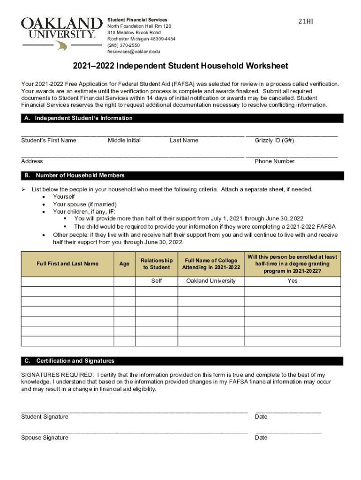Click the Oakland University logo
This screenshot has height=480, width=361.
61,33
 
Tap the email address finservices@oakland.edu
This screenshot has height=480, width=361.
134,52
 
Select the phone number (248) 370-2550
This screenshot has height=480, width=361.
123,45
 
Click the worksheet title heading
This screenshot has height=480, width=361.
180,66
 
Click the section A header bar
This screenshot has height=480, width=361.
182,119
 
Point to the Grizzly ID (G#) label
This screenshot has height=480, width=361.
274,141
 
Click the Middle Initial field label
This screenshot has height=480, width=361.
124,141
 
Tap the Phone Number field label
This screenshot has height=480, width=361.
274,161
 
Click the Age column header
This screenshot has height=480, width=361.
124,264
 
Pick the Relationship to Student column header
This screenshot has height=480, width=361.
157,264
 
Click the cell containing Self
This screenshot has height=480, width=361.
157,281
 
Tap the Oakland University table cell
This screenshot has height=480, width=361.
211,281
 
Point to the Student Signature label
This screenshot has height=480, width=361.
45,417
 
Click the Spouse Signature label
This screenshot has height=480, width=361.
45,438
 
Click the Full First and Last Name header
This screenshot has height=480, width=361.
68,264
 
